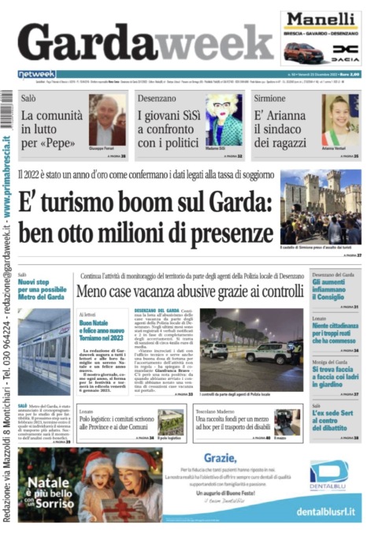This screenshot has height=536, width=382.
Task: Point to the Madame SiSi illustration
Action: [x=224, y=121]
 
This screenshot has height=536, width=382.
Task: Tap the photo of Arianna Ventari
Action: [x=340, y=121]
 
